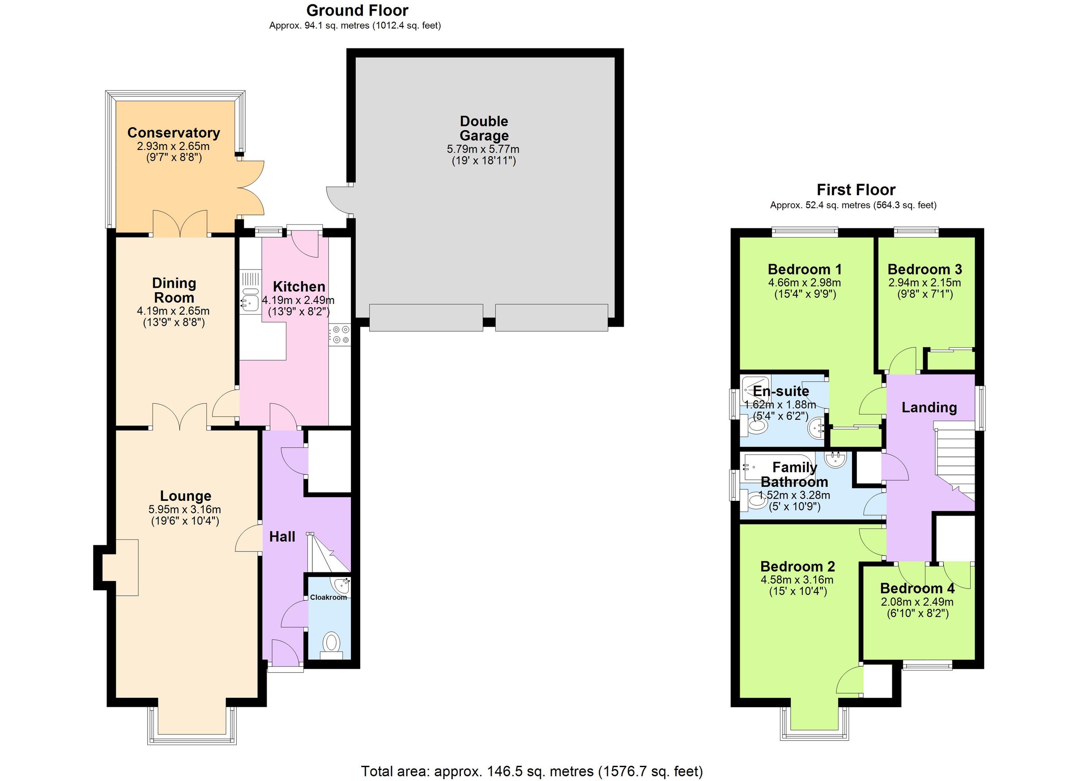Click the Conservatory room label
173,132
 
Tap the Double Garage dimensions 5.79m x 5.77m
483,149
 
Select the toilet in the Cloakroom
331,644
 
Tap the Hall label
282,537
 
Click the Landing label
929,407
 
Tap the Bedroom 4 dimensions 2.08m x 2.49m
917,602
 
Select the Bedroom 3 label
925,269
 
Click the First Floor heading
856,190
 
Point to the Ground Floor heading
357,10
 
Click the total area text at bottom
532,771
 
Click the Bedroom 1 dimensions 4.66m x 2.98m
804,283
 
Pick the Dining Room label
174,290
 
